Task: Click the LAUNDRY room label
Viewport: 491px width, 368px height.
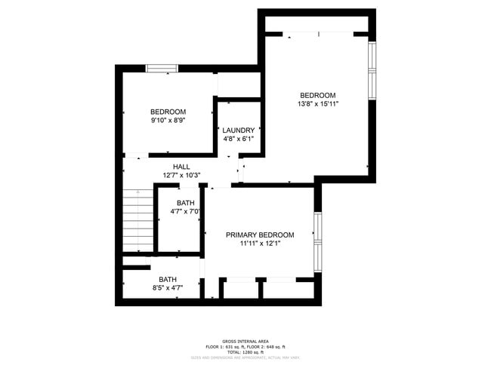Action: [x=238, y=130]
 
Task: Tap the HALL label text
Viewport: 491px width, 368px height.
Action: [x=181, y=167]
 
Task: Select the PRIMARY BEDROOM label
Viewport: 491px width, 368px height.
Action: [x=260, y=235]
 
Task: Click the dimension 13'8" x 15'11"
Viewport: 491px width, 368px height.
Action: [x=317, y=104]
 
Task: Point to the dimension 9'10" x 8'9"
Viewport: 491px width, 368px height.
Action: [x=168, y=120]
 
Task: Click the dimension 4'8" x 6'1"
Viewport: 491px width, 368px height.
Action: [x=238, y=139]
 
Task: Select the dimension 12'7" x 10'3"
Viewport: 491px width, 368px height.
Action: [x=181, y=176]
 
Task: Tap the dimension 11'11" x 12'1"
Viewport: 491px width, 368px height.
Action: [x=260, y=244]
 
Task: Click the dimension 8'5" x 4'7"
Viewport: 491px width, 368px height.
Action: [x=168, y=287]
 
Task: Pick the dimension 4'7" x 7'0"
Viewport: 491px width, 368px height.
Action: [x=186, y=212]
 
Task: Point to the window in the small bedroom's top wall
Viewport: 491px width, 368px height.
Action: [x=161, y=69]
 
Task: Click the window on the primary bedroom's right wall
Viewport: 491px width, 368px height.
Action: [x=318, y=243]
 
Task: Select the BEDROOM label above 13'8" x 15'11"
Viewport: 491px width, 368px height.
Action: [x=317, y=95]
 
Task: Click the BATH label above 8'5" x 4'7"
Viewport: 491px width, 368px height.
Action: [x=168, y=279]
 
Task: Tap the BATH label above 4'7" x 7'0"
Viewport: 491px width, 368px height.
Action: [x=186, y=203]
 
